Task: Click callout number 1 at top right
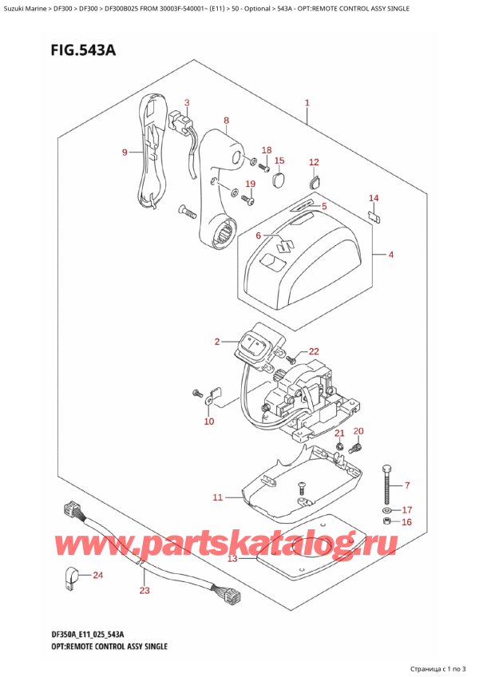[307, 103]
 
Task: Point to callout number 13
[232, 559]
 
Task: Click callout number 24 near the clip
[98, 576]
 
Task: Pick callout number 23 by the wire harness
[144, 592]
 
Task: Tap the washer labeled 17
[387, 509]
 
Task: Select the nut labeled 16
[387, 522]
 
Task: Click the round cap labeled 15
[278, 180]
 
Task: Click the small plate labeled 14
[373, 214]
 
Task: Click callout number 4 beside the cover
[391, 255]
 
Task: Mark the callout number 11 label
[218, 498]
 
